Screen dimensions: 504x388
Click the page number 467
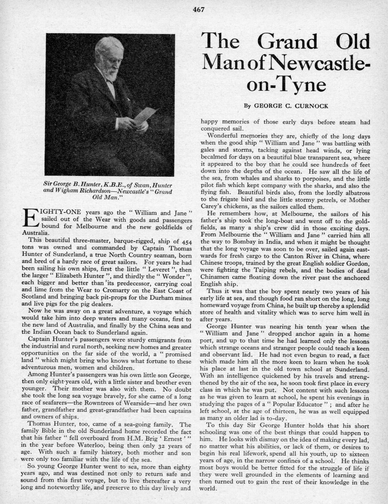pos(199,10)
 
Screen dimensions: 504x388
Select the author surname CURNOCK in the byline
pos(310,106)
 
